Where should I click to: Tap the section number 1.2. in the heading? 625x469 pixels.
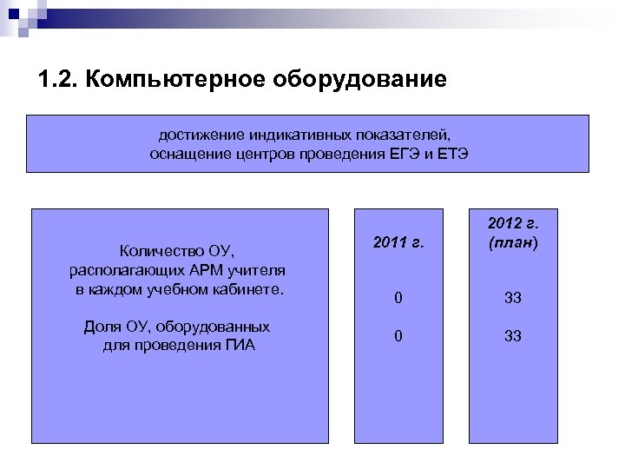click(58, 82)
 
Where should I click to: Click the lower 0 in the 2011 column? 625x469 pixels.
click(398, 336)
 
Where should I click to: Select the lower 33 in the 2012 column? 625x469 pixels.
click(512, 336)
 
